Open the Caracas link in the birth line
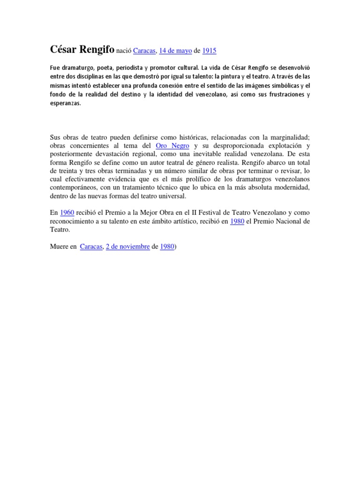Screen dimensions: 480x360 click(x=144, y=51)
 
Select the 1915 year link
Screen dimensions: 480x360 click(x=209, y=51)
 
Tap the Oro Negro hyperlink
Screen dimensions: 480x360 click(x=172, y=146)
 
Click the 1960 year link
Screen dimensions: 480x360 click(x=67, y=212)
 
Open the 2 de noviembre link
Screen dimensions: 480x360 click(x=127, y=246)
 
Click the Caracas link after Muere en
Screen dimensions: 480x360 click(x=91, y=246)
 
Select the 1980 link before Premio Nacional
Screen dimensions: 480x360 click(x=237, y=221)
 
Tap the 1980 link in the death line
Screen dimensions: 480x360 click(x=167, y=246)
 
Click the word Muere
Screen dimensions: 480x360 click(x=59, y=246)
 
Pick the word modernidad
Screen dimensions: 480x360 click(x=288, y=188)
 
